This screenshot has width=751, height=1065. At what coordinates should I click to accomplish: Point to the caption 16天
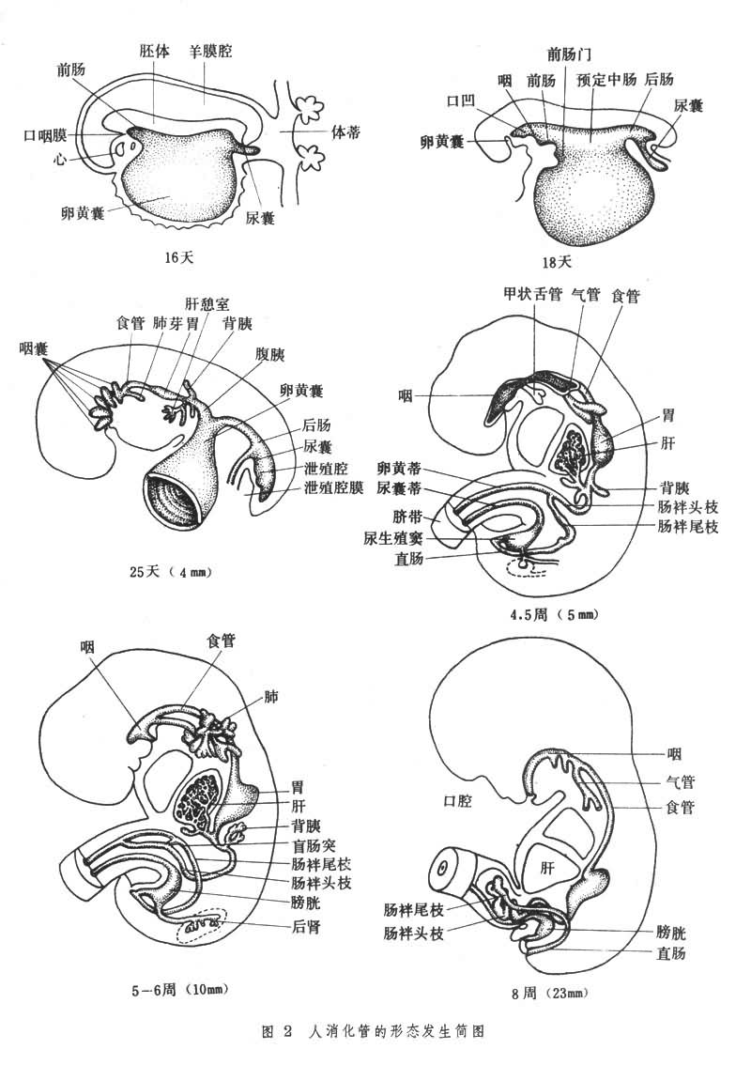(177, 255)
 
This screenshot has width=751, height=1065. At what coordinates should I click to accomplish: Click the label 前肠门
(570, 53)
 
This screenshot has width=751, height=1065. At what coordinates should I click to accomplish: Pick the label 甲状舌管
(532, 295)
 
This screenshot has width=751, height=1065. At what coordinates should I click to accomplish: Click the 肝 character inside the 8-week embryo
(547, 869)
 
